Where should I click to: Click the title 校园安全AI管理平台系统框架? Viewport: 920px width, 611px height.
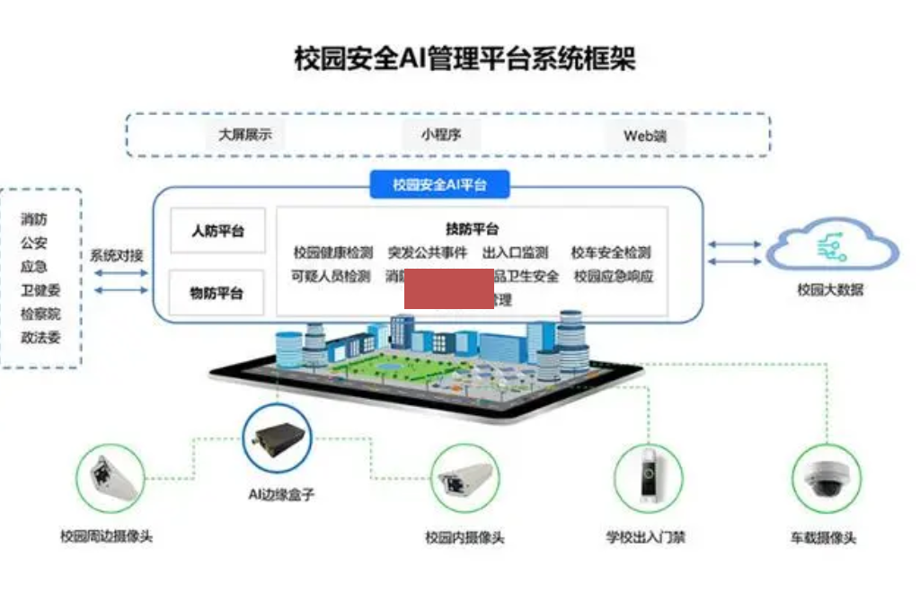point(465,59)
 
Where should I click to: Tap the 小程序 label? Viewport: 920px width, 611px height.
point(441,136)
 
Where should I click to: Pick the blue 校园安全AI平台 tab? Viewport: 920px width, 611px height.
point(439,185)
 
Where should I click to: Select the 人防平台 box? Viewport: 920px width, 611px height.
point(217,231)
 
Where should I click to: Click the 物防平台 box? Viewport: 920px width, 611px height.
point(217,294)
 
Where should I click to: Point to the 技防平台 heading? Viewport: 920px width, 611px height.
point(473,229)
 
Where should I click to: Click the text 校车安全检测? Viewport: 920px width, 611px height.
point(611,253)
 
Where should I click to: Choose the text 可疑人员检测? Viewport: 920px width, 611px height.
point(332,277)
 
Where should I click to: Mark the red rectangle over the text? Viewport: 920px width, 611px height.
point(448,288)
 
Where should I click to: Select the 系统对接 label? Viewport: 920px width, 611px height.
point(117,255)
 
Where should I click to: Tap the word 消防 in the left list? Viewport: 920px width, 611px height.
point(34,218)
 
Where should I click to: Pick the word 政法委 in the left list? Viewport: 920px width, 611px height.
point(40,339)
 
